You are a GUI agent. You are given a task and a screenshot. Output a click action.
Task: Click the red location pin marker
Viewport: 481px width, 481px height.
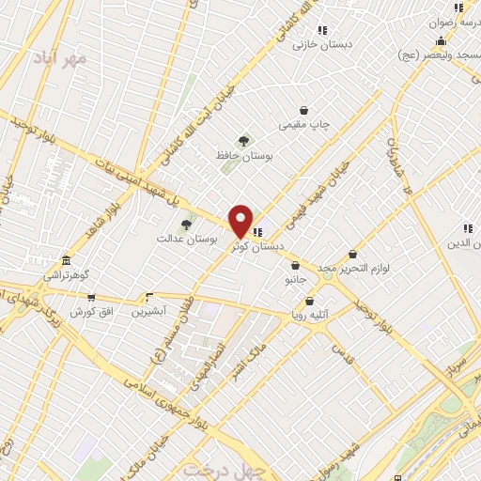pyautogui.click(x=241, y=221)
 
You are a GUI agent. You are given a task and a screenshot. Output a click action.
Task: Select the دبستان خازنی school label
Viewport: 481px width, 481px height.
pyautogui.click(x=315, y=44)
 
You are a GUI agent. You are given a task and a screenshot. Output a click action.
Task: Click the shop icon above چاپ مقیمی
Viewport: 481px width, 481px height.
pyautogui.click(x=303, y=110)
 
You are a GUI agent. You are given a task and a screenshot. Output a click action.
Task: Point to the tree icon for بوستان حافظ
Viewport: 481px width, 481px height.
pyautogui.click(x=244, y=141)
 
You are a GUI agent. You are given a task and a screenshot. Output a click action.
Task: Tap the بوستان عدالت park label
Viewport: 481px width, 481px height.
pyautogui.click(x=187, y=240)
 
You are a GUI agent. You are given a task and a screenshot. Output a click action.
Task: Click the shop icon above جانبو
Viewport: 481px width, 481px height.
pyautogui.click(x=295, y=266)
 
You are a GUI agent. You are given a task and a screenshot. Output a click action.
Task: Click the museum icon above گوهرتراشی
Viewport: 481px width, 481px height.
pyautogui.click(x=66, y=260)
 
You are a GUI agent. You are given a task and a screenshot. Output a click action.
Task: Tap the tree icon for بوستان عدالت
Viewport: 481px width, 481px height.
pyautogui.click(x=186, y=225)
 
